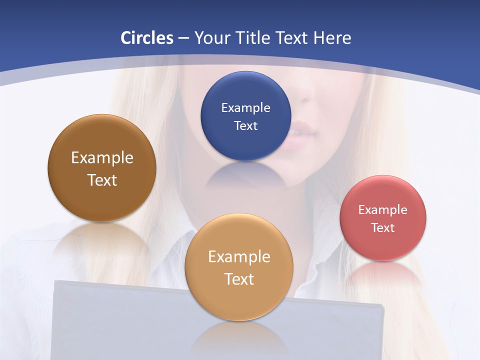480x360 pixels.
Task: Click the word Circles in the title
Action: [x=146, y=38]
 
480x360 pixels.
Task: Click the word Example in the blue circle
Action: [x=245, y=108]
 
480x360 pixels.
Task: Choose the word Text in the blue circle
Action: [x=245, y=125]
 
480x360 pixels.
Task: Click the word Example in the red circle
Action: [x=383, y=210]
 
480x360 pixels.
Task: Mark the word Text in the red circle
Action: [x=383, y=228]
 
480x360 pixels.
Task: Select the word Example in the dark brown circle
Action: [x=102, y=158]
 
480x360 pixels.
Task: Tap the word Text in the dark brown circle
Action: [x=102, y=180]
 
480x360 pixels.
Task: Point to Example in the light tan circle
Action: [x=239, y=257]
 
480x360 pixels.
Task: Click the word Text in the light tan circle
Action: [x=239, y=279]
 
